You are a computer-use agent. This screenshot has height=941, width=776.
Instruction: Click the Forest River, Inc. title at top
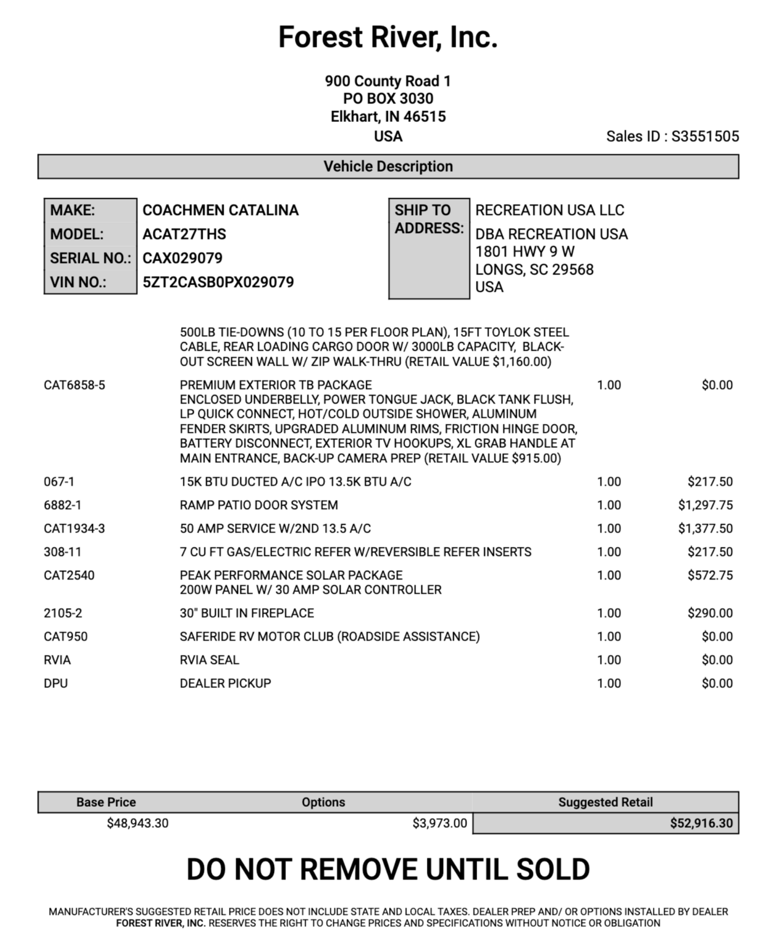point(388,37)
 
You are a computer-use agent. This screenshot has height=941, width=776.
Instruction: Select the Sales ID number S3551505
point(705,137)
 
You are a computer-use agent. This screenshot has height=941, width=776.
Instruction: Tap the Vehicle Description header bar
point(388,167)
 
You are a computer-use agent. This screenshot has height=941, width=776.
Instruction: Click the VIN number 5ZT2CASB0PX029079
point(218,282)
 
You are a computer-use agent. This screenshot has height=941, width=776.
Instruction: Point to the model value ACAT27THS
point(184,234)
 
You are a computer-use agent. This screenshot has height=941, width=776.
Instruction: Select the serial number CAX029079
point(182,258)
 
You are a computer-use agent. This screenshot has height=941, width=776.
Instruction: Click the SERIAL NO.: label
point(91,258)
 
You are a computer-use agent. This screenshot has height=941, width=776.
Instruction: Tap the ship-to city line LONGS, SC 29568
point(534,270)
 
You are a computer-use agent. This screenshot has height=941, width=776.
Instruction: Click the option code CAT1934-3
point(74,529)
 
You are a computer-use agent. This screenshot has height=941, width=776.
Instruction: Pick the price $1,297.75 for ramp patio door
point(705,505)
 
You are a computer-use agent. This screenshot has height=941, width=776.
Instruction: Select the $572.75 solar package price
point(710,575)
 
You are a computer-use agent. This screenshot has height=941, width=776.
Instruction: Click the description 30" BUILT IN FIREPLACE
point(247,613)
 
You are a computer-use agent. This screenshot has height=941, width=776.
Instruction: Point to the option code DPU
point(56,683)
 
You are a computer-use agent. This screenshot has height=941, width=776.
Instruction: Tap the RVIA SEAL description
point(209,660)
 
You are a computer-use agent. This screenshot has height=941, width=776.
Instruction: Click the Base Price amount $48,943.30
point(138,823)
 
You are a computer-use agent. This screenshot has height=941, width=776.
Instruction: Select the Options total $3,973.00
point(439,823)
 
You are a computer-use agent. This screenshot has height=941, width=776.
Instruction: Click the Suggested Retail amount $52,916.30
point(701,823)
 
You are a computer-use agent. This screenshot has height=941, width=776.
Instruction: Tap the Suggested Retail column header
point(605,802)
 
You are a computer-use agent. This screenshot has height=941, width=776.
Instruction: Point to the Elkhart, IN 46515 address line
point(388,117)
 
